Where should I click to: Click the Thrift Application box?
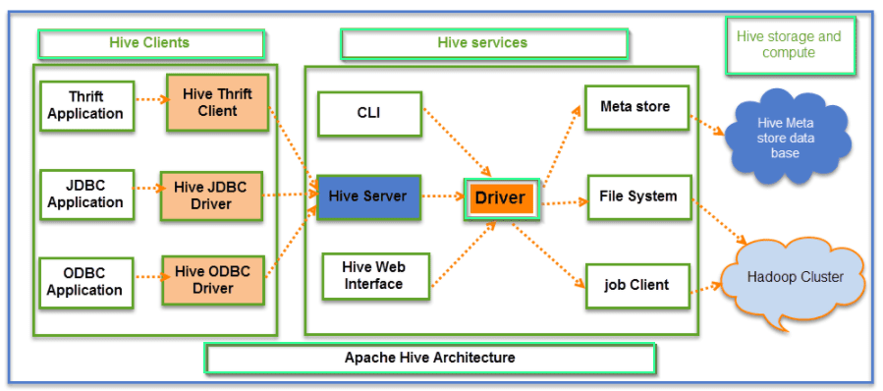coord(85,104)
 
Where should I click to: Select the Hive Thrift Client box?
coord(217,102)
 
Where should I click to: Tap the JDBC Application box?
coord(85,194)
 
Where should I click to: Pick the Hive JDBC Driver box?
coord(211,195)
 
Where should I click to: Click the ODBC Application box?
coord(85,281)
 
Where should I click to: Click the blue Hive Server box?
coord(368,196)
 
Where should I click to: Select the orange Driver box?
coord(501,198)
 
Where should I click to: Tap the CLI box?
coord(369,112)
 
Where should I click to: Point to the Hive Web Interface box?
coord(373,275)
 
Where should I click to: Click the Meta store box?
coord(635,106)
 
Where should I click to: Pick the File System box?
coord(637,196)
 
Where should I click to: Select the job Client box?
coord(635,285)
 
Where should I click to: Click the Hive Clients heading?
coord(150,43)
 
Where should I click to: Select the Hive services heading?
coord(483,43)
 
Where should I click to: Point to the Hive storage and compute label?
coord(790,44)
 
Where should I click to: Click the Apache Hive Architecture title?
coord(430,358)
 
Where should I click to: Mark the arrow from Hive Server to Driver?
coord(442,197)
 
